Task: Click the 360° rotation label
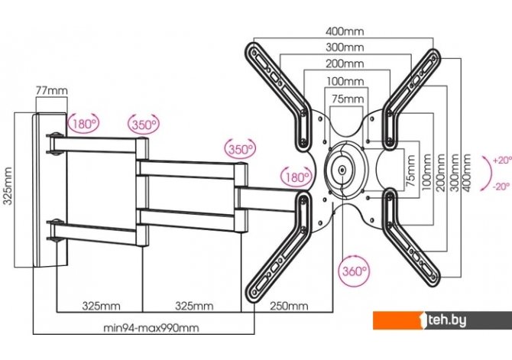[x=354, y=271]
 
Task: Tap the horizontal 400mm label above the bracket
[x=344, y=32]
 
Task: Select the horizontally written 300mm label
[x=344, y=47]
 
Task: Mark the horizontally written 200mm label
[x=344, y=64]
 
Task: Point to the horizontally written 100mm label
[x=344, y=81]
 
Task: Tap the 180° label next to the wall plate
[x=83, y=122]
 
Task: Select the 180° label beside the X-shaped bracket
[x=297, y=177]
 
